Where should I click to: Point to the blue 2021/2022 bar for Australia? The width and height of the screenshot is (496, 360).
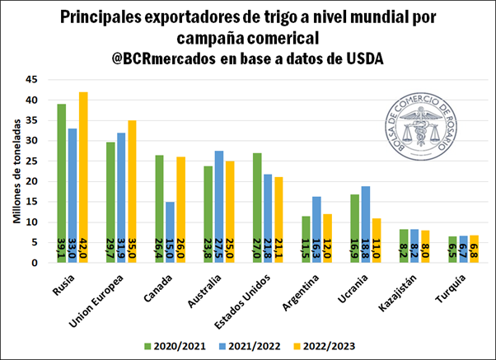click(218, 207)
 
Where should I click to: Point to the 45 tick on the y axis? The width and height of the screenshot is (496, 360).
click(32, 80)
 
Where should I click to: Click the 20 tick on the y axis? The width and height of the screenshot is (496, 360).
click(32, 181)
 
